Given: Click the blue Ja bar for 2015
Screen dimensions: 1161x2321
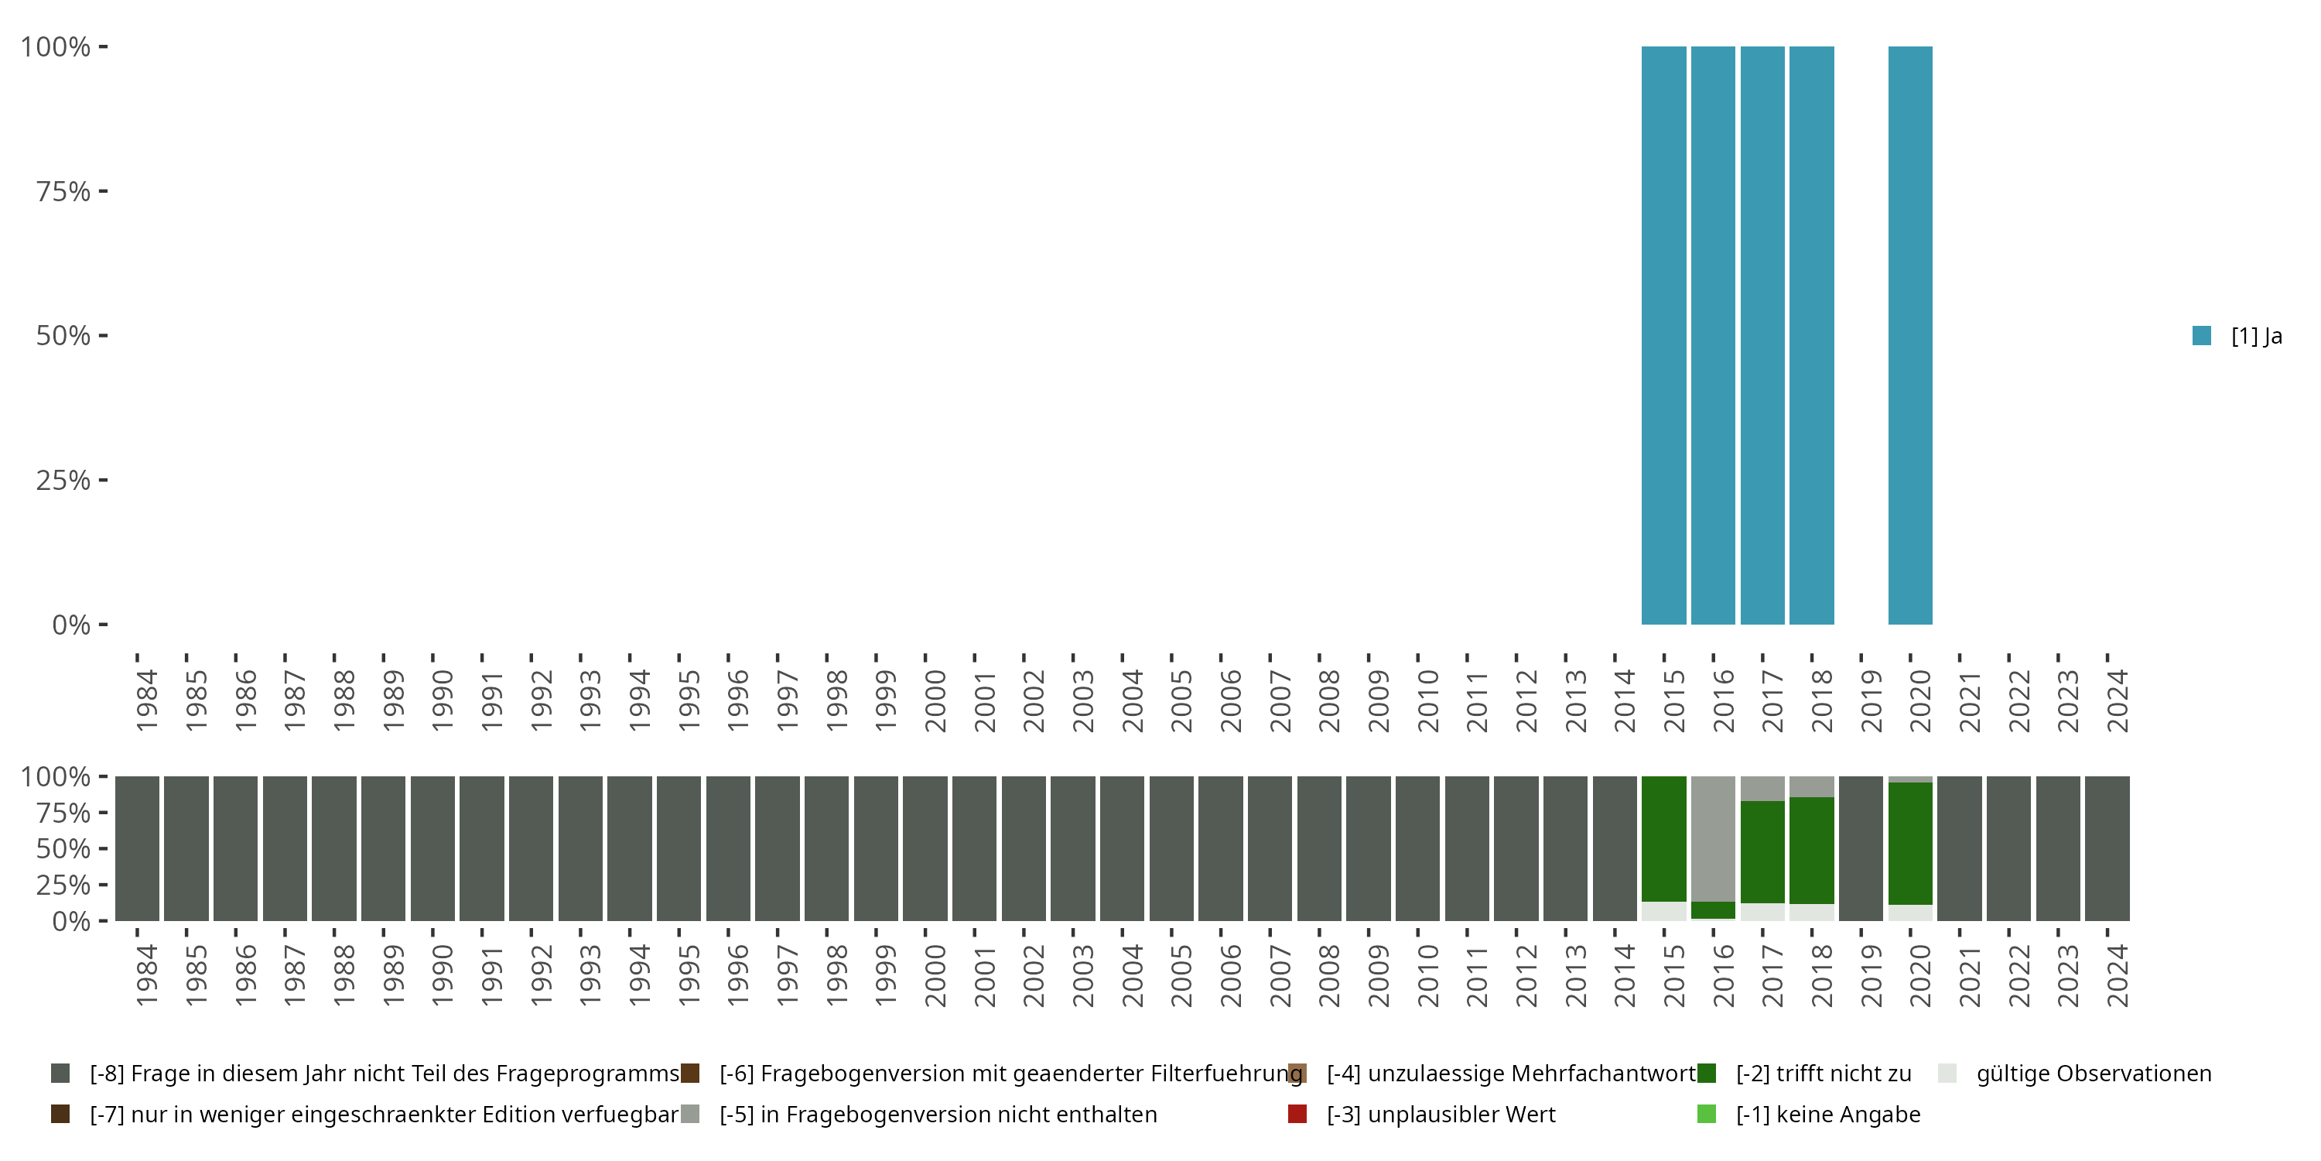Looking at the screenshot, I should pyautogui.click(x=1663, y=335).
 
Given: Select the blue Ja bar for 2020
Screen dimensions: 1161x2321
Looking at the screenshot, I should pyautogui.click(x=1910, y=335).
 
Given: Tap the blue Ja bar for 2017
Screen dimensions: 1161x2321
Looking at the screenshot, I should pyautogui.click(x=1762, y=335).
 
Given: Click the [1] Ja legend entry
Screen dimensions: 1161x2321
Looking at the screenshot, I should pyautogui.click(x=2238, y=336).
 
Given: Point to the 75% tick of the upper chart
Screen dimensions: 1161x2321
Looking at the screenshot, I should pyautogui.click(x=63, y=191).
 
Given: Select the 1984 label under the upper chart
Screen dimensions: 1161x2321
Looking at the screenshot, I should pyautogui.click(x=147, y=700).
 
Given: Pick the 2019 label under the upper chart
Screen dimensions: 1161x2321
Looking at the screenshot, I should pyautogui.click(x=1871, y=700).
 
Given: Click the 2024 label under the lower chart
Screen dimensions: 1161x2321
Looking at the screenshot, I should pyautogui.click(x=2118, y=975).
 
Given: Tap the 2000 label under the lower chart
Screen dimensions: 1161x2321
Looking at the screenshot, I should pyautogui.click(x=935, y=975).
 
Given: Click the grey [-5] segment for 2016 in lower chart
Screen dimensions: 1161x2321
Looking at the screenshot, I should pyautogui.click(x=1713, y=838).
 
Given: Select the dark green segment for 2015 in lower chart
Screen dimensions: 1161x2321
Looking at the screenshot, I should pyautogui.click(x=1663, y=838).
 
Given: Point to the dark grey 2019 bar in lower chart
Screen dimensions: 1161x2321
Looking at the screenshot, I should pyautogui.click(x=1861, y=848).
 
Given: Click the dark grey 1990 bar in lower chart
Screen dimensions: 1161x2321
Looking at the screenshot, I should pyautogui.click(x=432, y=848).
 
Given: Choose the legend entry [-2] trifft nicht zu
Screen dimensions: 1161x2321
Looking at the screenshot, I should pyautogui.click(x=1823, y=1074).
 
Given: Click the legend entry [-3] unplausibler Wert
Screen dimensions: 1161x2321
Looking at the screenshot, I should pyautogui.click(x=1441, y=1114).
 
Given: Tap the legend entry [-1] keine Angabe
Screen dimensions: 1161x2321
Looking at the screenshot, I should pyautogui.click(x=1827, y=1114).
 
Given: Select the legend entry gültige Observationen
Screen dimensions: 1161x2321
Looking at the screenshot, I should pyautogui.click(x=2093, y=1074).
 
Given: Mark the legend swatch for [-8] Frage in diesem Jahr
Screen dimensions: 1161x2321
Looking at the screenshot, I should pyautogui.click(x=60, y=1074).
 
